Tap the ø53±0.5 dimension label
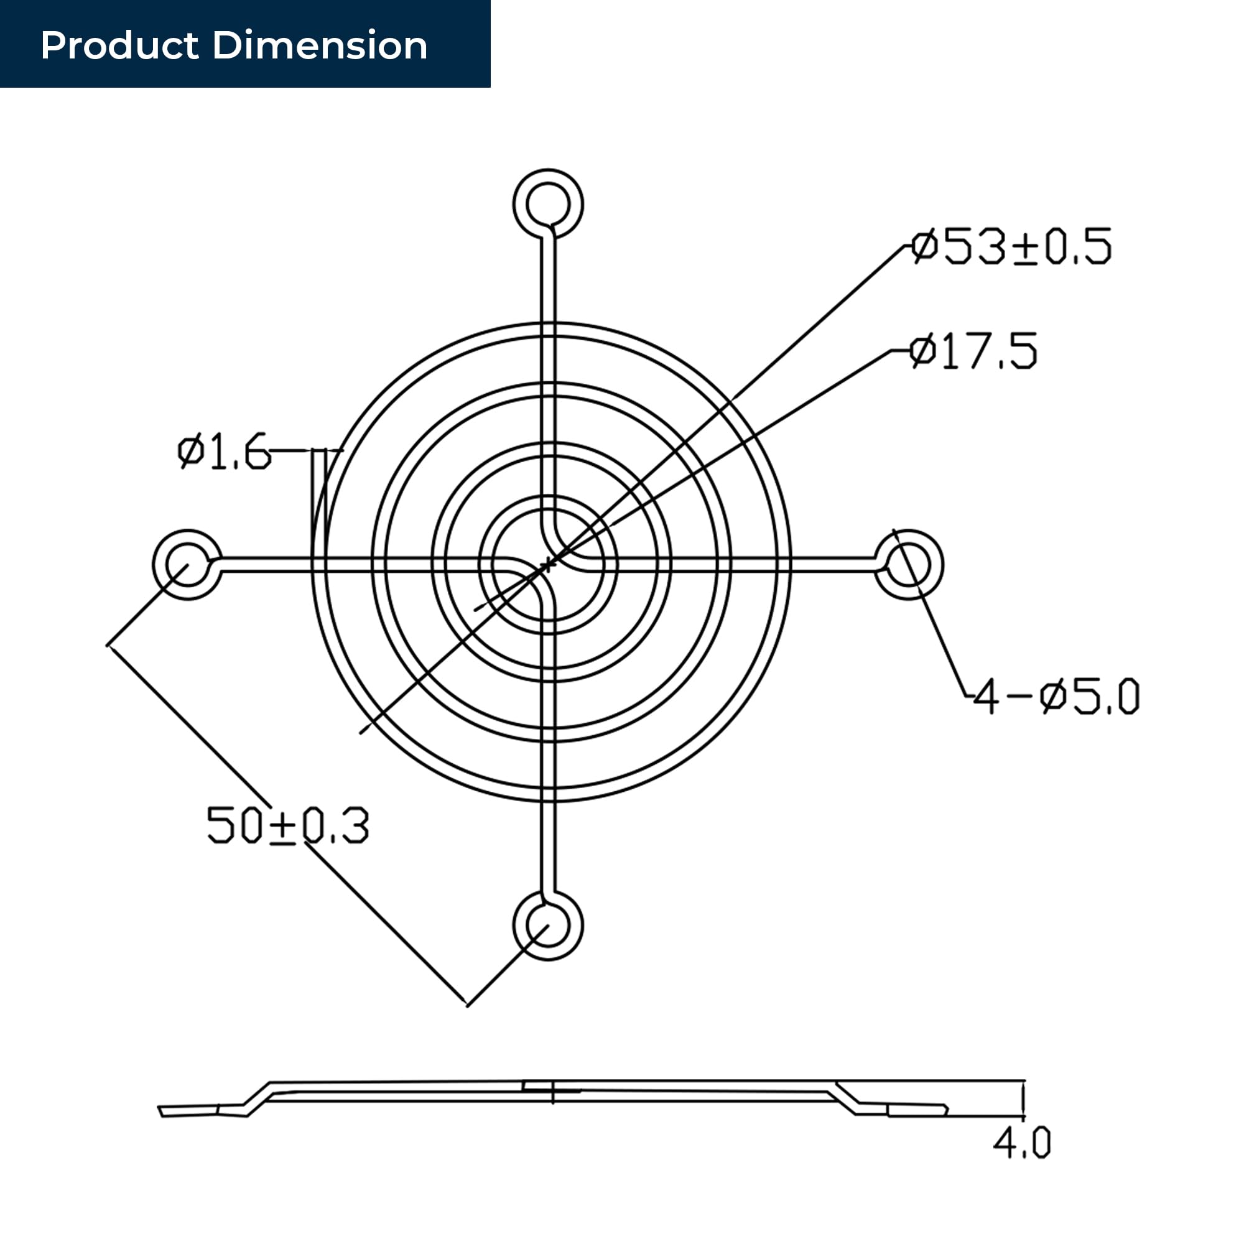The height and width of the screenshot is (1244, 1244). pyautogui.click(x=1011, y=246)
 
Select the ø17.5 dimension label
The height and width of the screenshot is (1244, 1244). pyautogui.click(x=973, y=351)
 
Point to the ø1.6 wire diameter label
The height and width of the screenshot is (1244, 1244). pyautogui.click(x=224, y=451)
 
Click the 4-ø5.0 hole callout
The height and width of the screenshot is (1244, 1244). pyautogui.click(x=1056, y=696)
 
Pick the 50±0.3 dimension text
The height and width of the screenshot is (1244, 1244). pyautogui.click(x=288, y=825)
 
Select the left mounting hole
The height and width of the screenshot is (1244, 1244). pyautogui.click(x=187, y=565)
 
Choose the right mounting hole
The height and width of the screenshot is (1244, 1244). pyautogui.click(x=909, y=565)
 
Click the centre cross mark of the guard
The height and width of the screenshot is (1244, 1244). pyautogui.click(x=548, y=565)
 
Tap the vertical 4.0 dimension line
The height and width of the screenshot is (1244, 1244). pyautogui.click(x=1023, y=1100)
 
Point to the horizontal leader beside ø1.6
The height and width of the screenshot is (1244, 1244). pyautogui.click(x=306, y=450)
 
